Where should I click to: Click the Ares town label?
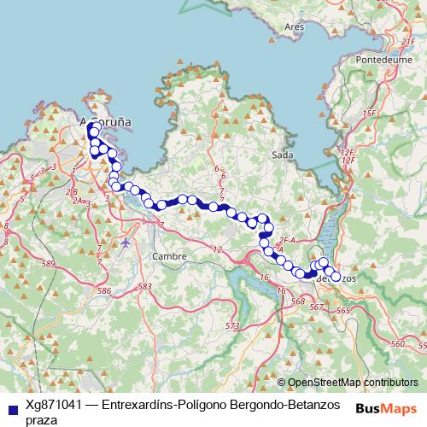pos(295,26)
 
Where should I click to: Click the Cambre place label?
pos(167,255)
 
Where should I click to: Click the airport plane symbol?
pos(127,243)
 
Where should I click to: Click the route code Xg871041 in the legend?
pos(54,406)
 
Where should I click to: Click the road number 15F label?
pos(369,113)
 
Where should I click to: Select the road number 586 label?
pos(105,291)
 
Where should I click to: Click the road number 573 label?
pos(231,326)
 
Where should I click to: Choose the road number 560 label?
pos(396,342)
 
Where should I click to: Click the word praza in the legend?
pos(42,420)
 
